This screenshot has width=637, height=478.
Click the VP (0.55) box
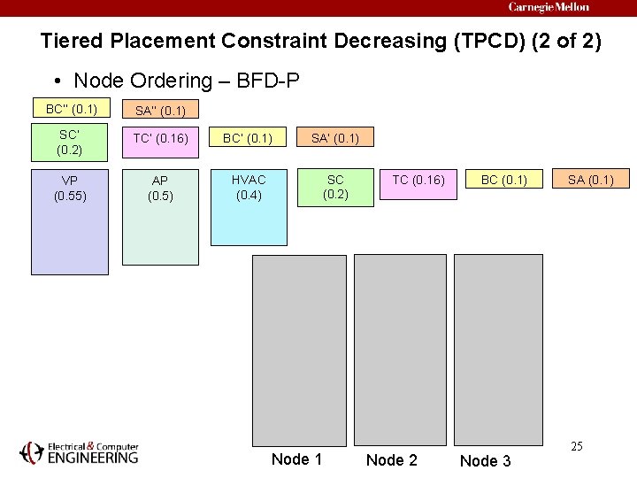[x=71, y=221]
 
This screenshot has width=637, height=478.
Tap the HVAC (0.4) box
[x=249, y=207]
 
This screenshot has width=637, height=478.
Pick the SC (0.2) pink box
[x=335, y=187]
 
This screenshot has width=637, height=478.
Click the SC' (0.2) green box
[x=71, y=143]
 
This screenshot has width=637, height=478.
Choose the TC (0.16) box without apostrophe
[x=418, y=181]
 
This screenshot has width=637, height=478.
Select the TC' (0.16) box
[x=160, y=137]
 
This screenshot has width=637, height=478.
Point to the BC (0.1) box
[x=503, y=181]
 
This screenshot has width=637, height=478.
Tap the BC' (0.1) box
[x=249, y=137]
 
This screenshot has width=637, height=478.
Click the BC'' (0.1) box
[x=71, y=109]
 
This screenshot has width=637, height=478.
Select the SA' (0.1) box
[x=335, y=137]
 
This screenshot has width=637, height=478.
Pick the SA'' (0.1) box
[x=160, y=110]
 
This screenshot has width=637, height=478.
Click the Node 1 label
[x=296, y=459]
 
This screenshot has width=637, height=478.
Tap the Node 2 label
[x=391, y=459]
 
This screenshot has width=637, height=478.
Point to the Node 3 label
[x=486, y=460]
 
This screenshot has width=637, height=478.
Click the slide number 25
[x=576, y=446]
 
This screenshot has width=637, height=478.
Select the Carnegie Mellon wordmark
[x=549, y=7]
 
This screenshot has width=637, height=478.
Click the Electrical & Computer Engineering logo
[x=80, y=452]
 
